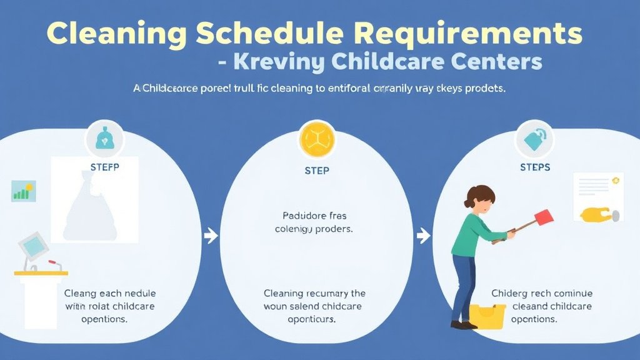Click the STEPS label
(535, 167)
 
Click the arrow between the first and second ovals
(211, 236)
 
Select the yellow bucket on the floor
(487, 316)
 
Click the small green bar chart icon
(24, 191)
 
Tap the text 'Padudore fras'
(314, 216)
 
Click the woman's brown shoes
(463, 325)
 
